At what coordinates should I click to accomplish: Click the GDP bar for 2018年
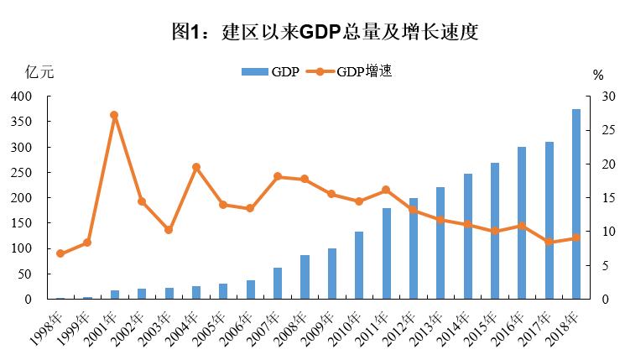coord(576,204)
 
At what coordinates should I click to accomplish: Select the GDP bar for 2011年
coord(387,253)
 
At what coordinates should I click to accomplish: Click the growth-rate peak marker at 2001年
coord(114,115)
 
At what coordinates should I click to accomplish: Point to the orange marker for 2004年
coord(196,167)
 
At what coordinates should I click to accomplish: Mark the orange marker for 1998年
coord(60,253)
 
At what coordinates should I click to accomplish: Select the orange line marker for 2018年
coord(576,237)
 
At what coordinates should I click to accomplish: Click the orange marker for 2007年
coord(278,176)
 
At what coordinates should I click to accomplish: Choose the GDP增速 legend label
coord(366,72)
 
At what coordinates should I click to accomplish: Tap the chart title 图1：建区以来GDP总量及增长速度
coord(313,33)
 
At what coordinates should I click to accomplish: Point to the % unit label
coord(597,75)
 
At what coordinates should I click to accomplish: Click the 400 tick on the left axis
coord(21,97)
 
